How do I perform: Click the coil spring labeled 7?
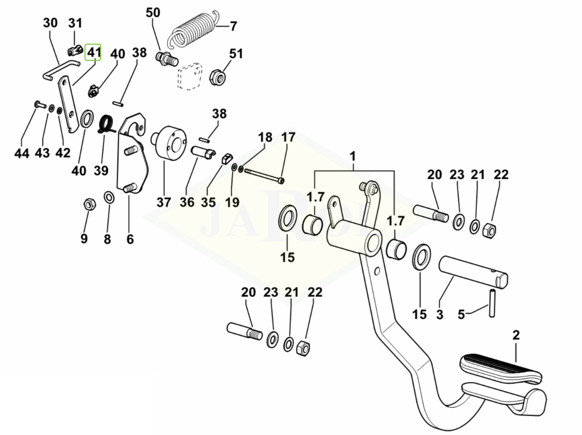click(x=194, y=32)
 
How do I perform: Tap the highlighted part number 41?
click(x=93, y=53)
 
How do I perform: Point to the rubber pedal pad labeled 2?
click(x=499, y=366)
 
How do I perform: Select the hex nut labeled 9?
click(x=87, y=204)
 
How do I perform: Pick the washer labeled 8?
click(x=109, y=198)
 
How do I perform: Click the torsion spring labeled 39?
click(x=106, y=123)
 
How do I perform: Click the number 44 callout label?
click(x=21, y=153)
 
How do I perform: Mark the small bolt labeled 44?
click(x=37, y=104)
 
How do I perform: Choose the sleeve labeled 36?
click(x=201, y=152)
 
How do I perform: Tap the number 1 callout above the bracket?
click(x=353, y=154)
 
